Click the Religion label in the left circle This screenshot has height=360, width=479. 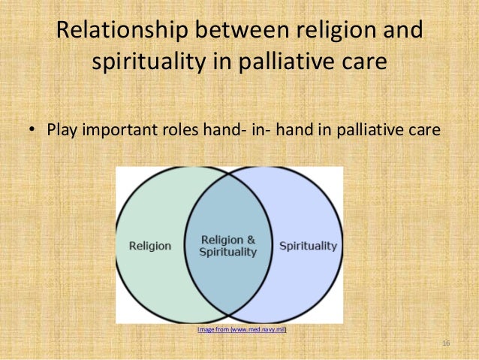click(x=150, y=246)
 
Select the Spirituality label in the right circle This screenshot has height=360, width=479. click(x=308, y=246)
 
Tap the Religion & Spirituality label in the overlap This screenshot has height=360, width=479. click(x=228, y=246)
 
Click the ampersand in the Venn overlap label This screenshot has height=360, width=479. click(x=252, y=240)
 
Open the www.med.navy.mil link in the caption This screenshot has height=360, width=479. click(x=258, y=329)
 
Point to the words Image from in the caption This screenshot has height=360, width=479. click(x=212, y=329)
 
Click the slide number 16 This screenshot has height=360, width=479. click(x=445, y=343)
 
